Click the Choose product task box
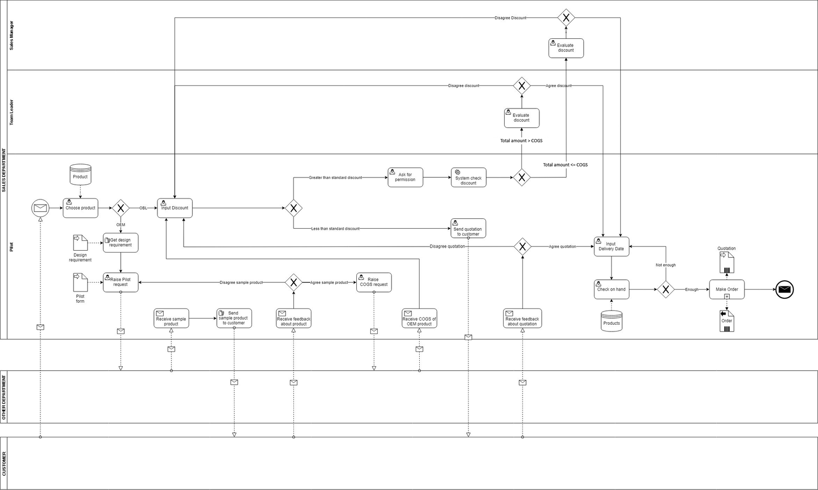coord(80,208)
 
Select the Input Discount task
coord(175,208)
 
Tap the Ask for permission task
coord(405,177)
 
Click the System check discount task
coord(468,177)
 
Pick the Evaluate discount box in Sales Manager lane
coord(566,48)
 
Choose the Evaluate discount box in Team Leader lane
coord(522,118)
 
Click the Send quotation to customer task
coord(468,228)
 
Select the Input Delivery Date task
coord(611,247)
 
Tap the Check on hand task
coord(611,289)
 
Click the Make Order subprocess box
coord(726,289)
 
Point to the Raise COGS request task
coord(374,282)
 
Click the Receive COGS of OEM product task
coord(419,318)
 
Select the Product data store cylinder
coord(80,174)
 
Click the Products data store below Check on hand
coord(611,321)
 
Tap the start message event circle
coord(40,208)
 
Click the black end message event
coord(784,289)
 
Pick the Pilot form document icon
coord(80,282)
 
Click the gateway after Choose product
coord(121,208)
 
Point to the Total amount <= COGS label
coord(565,165)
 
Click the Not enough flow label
coord(666,265)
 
